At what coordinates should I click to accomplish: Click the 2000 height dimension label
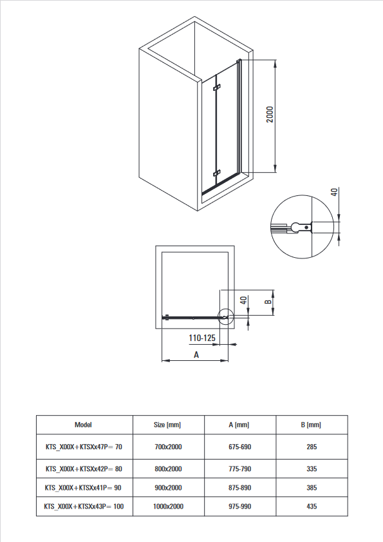pyautogui.click(x=270, y=115)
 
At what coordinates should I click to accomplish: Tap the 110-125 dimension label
pyautogui.click(x=202, y=338)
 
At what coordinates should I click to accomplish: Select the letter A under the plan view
pyautogui.click(x=196, y=354)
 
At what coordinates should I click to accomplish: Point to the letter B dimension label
pyautogui.click(x=268, y=302)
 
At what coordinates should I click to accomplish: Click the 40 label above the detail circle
pyautogui.click(x=334, y=192)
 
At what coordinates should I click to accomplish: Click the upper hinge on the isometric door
pyautogui.click(x=217, y=88)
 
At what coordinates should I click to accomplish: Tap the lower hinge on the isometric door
pyautogui.click(x=216, y=172)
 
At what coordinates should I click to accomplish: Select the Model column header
pyautogui.click(x=83, y=425)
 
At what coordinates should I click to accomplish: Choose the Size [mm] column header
pyautogui.click(x=167, y=425)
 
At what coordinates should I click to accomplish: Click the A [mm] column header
pyautogui.click(x=239, y=425)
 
